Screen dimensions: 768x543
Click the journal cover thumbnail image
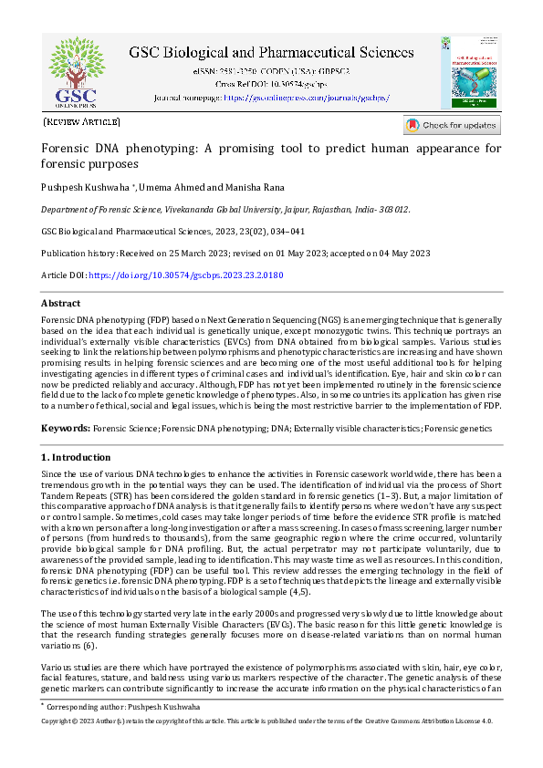[x=472, y=72]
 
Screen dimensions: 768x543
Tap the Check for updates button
[x=452, y=125]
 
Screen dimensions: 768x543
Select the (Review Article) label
[x=81, y=120]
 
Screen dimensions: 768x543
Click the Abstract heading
[x=61, y=303]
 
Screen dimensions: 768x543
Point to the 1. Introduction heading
[x=76, y=456]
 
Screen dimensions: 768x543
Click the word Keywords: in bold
[x=65, y=428]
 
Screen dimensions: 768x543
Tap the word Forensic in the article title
[x=68, y=148]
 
